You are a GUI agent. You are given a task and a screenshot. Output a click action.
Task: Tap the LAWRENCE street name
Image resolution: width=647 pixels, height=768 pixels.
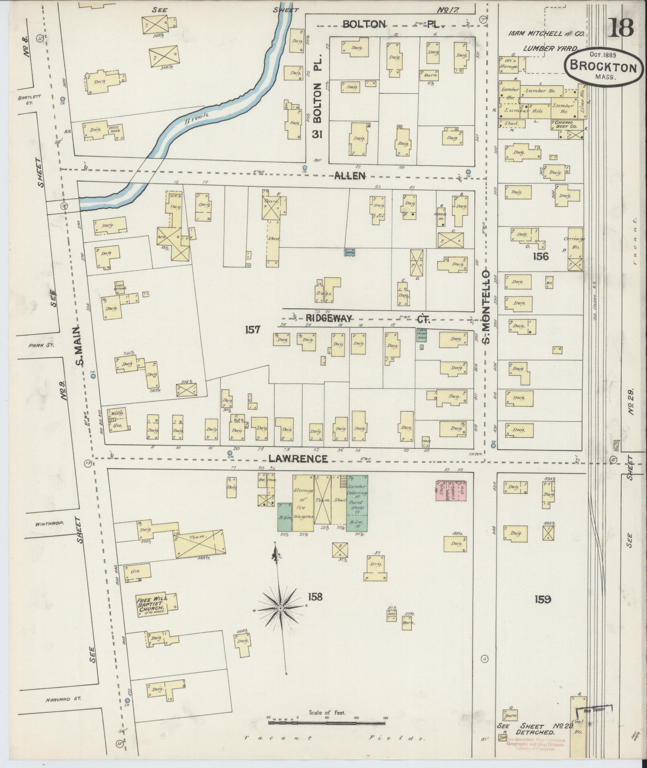point(298,458)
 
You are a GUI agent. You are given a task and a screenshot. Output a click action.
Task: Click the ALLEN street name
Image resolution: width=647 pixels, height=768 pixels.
point(350,175)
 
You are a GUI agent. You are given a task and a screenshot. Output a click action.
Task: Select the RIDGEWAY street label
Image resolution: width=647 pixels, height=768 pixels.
point(329,318)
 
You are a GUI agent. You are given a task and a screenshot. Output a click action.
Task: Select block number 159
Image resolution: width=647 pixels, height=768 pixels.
point(542,600)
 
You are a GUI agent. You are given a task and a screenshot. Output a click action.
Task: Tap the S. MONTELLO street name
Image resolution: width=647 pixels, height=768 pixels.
point(487,307)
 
